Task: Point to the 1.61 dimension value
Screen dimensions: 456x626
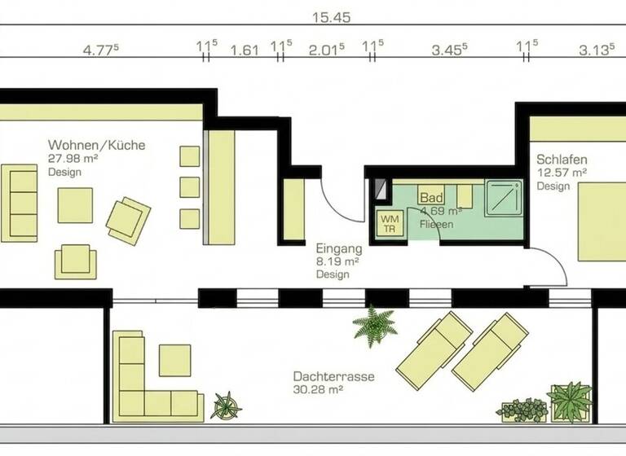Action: pos(245,50)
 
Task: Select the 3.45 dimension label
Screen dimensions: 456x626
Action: pos(448,50)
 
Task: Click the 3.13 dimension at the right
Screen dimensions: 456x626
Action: pos(596,50)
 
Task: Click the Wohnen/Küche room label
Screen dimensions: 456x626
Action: pos(96,146)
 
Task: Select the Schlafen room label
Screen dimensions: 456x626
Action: pos(562,160)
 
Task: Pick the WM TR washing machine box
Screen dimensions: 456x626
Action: pos(390,222)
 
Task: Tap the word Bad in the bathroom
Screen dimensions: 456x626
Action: pos(431,198)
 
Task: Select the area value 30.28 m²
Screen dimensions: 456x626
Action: pos(318,390)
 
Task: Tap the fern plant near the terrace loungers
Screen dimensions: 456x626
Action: pos(374,326)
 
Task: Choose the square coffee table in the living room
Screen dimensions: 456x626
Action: pos(75,204)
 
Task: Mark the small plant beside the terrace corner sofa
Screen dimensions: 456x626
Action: pos(226,405)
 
